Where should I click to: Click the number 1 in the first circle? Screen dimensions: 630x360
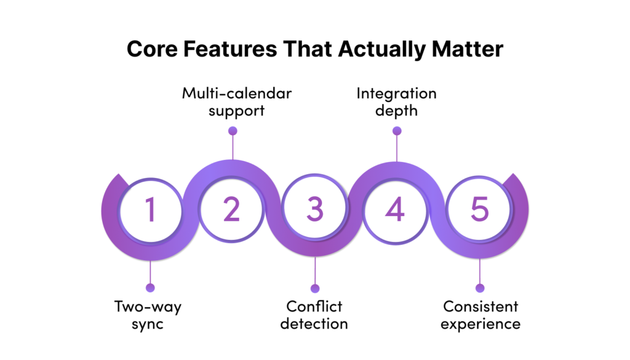tap(150, 209)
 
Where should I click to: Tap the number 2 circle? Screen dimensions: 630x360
tap(231, 209)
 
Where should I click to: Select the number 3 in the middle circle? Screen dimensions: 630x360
tap(314, 209)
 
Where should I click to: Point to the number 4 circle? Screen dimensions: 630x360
tap(396, 209)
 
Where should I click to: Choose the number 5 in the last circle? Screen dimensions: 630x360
tap(479, 209)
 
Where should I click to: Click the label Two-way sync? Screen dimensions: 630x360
tap(148, 315)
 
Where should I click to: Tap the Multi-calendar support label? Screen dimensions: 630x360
tap(237, 102)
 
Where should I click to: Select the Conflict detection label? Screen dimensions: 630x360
tap(314, 315)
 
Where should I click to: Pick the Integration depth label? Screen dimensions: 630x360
tap(397, 102)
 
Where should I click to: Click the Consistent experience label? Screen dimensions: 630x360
tap(480, 315)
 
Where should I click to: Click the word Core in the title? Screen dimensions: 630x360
tap(153, 49)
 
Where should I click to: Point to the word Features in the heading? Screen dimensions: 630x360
tap(230, 49)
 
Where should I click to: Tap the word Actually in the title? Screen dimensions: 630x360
tap(381, 50)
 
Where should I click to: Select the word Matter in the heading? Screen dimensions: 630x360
tap(468, 49)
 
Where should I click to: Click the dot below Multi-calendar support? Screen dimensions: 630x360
tap(233, 130)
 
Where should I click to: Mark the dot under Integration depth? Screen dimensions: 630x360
tap(397, 130)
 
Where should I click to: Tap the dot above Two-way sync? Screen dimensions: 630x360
tap(150, 287)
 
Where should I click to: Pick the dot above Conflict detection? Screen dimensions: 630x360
tap(315, 288)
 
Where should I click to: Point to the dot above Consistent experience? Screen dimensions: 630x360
tap(480, 288)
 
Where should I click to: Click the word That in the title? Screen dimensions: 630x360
tap(308, 49)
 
